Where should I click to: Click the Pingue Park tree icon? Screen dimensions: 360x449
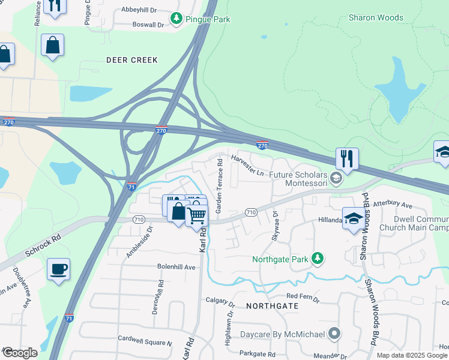click(x=176, y=19)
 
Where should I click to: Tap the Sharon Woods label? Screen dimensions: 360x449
click(x=376, y=17)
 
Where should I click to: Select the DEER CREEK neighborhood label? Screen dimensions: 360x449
click(x=131, y=60)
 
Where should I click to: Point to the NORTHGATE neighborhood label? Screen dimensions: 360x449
click(x=272, y=305)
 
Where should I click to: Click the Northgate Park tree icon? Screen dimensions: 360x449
click(x=318, y=259)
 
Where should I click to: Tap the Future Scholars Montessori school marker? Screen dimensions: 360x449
click(x=337, y=178)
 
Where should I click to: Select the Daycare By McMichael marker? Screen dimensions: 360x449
click(x=334, y=334)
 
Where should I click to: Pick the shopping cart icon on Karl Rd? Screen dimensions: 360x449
click(x=197, y=214)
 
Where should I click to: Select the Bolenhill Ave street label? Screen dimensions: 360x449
click(x=176, y=266)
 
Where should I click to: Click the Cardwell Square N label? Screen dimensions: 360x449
click(x=145, y=343)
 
